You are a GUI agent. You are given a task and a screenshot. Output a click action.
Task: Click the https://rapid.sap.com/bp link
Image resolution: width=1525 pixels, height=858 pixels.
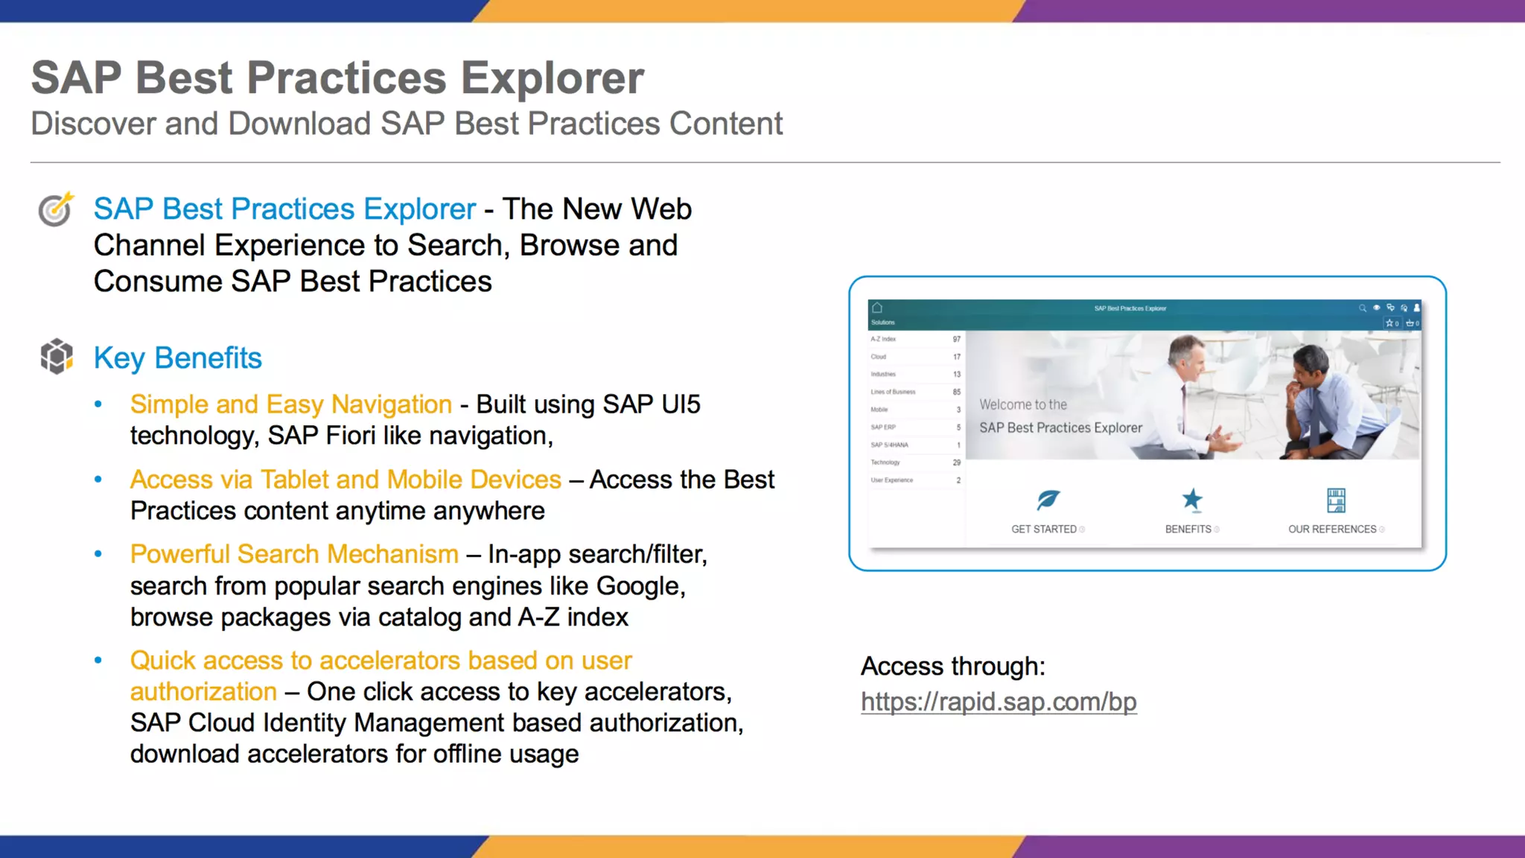tap(998, 702)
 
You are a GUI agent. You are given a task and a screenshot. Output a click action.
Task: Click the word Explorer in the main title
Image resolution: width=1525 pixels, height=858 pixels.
tap(552, 77)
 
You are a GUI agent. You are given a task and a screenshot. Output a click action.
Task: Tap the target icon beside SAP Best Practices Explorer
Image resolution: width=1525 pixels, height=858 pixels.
tap(56, 209)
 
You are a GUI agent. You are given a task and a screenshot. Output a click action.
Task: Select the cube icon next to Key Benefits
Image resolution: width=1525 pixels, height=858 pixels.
tap(57, 356)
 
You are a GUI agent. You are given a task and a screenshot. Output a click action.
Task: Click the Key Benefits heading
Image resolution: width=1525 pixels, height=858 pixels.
tap(177, 358)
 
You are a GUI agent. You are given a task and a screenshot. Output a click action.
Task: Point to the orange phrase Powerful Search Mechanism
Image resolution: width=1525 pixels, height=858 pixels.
tap(294, 554)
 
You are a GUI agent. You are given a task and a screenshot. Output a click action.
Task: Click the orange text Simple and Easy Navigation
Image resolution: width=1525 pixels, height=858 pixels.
tap(290, 404)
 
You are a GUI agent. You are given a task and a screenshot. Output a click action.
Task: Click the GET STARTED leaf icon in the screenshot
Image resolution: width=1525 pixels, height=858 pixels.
tap(1047, 500)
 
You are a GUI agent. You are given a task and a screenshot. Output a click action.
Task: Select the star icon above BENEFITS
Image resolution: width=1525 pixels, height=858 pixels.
tap(1191, 500)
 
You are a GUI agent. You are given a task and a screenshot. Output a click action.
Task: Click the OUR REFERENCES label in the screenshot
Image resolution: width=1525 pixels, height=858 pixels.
tap(1332, 530)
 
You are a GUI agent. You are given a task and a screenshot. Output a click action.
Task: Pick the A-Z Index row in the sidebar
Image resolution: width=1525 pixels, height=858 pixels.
tap(914, 339)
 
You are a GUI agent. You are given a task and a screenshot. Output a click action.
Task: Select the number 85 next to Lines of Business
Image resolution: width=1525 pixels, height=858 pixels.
tap(956, 392)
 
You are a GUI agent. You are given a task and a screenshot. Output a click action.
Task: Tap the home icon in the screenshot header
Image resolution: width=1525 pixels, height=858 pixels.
tap(877, 308)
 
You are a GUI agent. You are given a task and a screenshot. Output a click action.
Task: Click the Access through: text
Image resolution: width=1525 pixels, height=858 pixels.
tap(952, 666)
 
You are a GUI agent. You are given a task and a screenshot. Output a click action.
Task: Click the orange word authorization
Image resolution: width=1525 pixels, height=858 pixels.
tap(203, 692)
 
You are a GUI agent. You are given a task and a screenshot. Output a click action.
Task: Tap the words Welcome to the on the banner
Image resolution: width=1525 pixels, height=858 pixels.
tap(1022, 404)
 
